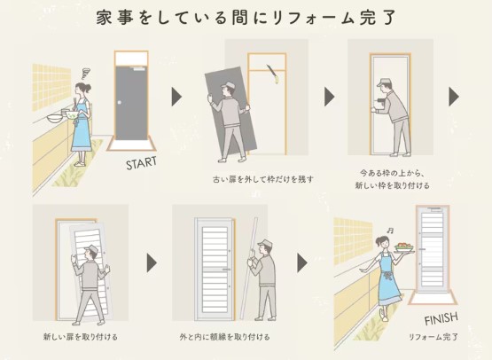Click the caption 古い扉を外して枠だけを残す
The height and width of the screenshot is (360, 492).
262,179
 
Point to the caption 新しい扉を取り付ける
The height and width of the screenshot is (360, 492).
81,337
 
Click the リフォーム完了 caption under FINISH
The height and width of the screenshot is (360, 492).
433,338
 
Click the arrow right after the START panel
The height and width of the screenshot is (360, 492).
176,96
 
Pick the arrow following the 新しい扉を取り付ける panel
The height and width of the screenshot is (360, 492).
152,262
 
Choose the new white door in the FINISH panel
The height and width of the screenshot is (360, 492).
433,253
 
